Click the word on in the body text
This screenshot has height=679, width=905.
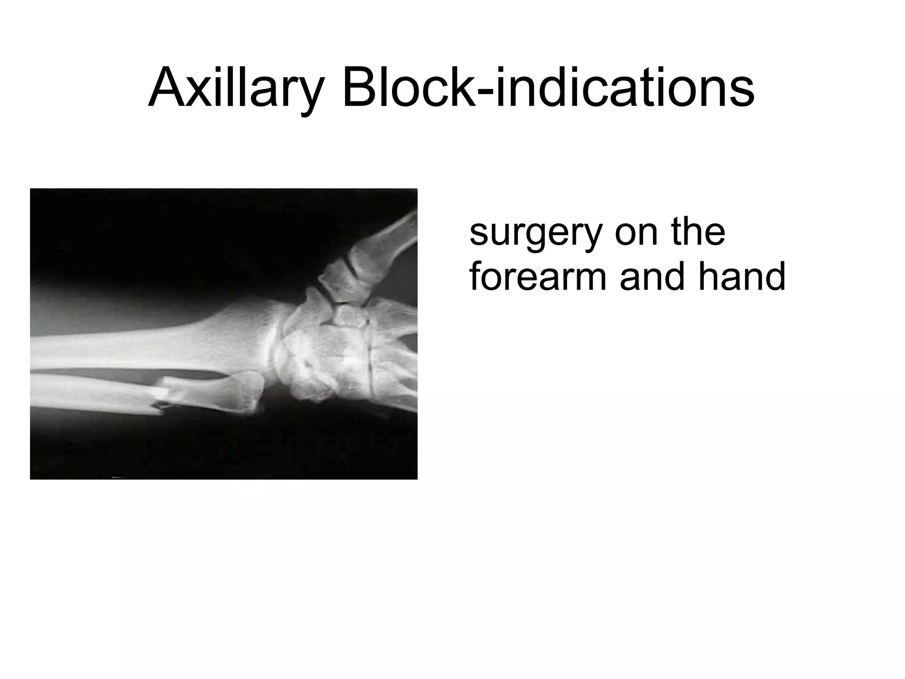pyautogui.click(x=637, y=234)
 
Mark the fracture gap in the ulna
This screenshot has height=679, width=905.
pyautogui.click(x=161, y=400)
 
